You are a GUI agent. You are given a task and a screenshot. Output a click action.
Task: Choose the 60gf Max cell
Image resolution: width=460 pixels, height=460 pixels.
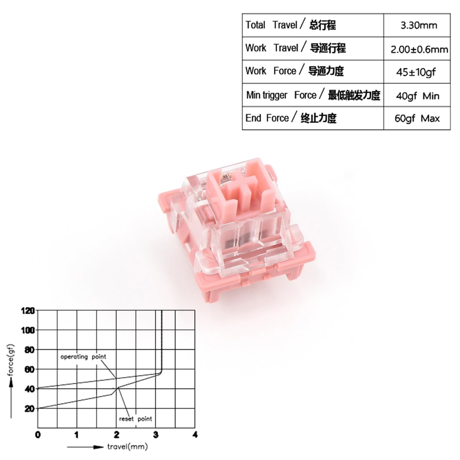pyautogui.click(x=417, y=118)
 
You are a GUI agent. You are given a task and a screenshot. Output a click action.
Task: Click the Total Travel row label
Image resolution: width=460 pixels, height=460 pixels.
pyautogui.click(x=290, y=25)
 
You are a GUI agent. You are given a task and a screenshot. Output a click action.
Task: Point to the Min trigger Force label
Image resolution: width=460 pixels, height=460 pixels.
pyautogui.click(x=313, y=95)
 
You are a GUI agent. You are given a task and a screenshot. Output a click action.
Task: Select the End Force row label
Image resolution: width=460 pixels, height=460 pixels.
pyautogui.click(x=291, y=118)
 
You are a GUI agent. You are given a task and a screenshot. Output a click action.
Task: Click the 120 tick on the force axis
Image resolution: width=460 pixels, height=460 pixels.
pyautogui.click(x=28, y=311)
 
